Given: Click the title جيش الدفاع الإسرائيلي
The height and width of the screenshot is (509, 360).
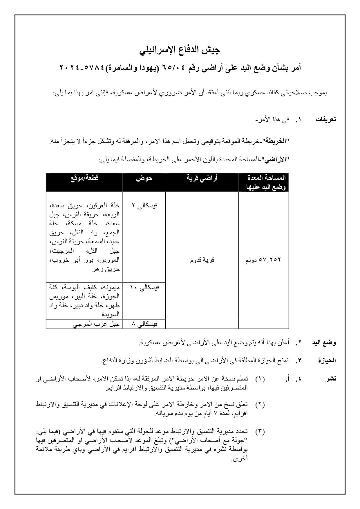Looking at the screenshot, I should click(x=180, y=50).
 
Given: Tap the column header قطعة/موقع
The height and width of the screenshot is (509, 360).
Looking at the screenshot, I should click(x=84, y=178).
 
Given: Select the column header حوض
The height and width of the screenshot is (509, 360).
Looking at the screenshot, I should click(x=144, y=178).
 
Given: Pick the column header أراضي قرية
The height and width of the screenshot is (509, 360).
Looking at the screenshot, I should click(x=202, y=178).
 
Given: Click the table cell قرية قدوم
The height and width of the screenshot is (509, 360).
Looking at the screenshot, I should click(x=202, y=260).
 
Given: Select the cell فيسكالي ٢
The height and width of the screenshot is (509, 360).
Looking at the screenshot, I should click(x=144, y=206).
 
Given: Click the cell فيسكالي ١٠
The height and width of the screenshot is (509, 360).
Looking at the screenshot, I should click(x=144, y=288).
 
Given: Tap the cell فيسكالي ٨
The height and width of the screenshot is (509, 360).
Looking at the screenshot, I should click(x=144, y=324).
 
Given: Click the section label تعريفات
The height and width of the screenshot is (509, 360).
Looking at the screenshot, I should click(x=326, y=119).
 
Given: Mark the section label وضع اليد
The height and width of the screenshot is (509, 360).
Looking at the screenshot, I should click(x=324, y=343).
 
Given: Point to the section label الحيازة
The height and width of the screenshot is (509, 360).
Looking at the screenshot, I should click(x=327, y=361).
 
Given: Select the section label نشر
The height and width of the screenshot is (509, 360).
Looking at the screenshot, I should click(x=331, y=378).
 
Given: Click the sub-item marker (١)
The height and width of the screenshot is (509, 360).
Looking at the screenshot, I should click(x=260, y=379).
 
